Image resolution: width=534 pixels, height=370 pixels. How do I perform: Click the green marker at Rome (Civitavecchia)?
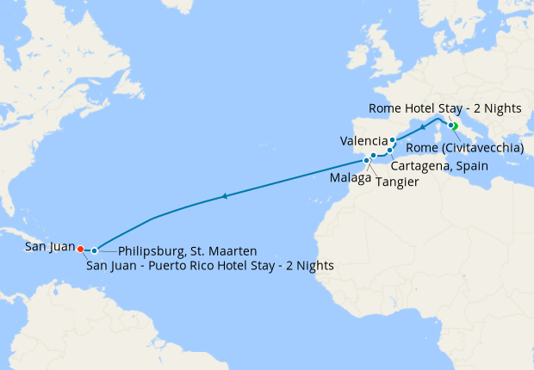tap(454, 126)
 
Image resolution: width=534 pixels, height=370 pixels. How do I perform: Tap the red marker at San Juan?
tap(80, 249)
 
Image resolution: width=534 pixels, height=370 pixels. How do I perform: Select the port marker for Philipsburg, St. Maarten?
tap(95, 250)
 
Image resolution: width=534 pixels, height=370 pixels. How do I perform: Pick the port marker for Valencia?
tap(393, 140)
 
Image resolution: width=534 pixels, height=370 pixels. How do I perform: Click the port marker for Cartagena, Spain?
tap(389, 151)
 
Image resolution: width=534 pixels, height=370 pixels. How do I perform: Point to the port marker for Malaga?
tap(373, 156)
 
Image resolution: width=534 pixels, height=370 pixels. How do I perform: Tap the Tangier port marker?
tap(366, 161)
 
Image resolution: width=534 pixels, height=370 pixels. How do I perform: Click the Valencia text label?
tap(363, 140)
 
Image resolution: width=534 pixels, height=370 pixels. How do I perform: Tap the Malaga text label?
tap(350, 178)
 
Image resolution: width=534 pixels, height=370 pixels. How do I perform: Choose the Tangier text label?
tap(398, 182)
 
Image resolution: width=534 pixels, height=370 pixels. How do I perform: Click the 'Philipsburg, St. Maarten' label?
tap(187, 251)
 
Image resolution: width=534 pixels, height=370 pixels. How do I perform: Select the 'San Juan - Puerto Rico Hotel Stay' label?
tap(210, 266)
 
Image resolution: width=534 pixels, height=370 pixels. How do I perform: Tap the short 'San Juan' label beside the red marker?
tap(49, 247)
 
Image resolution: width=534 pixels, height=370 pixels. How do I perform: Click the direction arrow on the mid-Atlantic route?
tap(224, 197)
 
